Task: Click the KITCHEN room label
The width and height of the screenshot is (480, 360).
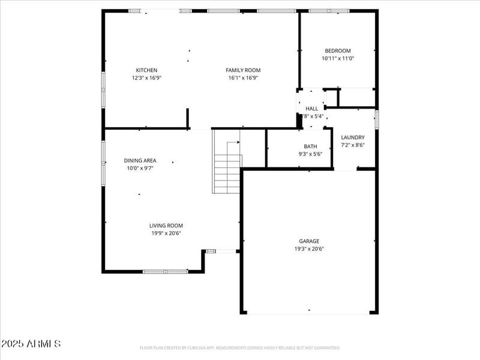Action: [x=146, y=70]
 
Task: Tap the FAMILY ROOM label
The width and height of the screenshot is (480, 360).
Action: [x=243, y=70]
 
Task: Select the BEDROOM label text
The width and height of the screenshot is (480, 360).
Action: [x=338, y=51]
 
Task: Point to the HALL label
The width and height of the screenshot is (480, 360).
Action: [x=312, y=109]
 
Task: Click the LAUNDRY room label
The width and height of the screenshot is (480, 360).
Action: [x=353, y=137]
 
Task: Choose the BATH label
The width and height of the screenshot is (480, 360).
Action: [x=310, y=146]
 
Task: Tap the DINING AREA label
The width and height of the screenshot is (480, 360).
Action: [x=140, y=161]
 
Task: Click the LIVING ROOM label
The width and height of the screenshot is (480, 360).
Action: [x=166, y=226]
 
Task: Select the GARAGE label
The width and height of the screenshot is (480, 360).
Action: [x=310, y=241]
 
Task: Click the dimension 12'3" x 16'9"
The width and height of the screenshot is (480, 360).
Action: [x=146, y=78]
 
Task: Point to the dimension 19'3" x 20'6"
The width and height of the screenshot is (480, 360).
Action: [x=310, y=249]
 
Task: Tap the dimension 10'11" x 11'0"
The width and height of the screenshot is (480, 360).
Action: [x=338, y=59]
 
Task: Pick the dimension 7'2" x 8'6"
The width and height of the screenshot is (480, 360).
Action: [x=353, y=145]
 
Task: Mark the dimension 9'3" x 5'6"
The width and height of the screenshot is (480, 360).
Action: [x=310, y=154]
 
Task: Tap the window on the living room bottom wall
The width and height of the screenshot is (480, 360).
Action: [x=165, y=271]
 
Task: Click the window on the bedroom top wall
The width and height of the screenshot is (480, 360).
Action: [x=329, y=11]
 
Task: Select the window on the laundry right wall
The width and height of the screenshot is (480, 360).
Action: [x=377, y=118]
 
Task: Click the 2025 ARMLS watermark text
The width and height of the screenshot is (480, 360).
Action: [x=31, y=344]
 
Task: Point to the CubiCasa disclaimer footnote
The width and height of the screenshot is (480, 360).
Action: [x=240, y=348]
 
